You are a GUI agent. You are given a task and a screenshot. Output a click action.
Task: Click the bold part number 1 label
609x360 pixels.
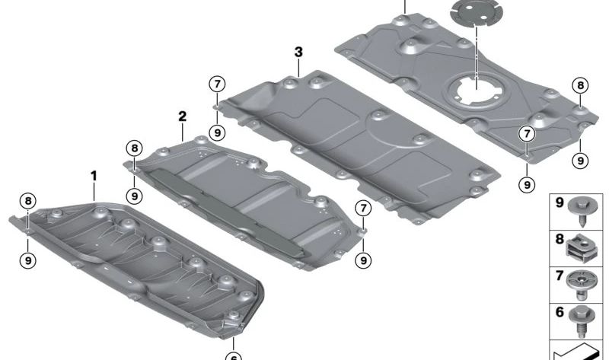pos(94,176)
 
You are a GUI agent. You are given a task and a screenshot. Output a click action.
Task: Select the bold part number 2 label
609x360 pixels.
pos(182,116)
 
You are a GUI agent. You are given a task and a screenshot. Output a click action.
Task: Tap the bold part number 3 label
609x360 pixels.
pos(298,52)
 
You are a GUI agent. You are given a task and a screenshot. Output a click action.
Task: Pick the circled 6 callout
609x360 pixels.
pos(234,355)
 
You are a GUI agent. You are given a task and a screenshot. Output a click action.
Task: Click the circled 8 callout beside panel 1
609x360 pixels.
pos(28,202)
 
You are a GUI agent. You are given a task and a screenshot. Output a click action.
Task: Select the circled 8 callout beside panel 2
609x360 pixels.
pos(134,148)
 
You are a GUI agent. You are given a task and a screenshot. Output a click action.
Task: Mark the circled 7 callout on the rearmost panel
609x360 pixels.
pos(526,135)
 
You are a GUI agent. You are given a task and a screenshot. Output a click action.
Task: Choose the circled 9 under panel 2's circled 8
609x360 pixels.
pos(134,196)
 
